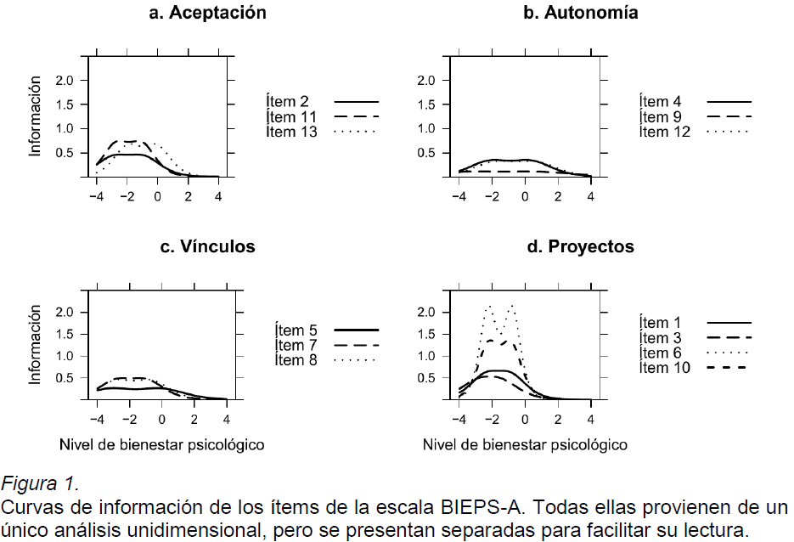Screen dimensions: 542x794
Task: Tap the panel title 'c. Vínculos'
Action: point(207,247)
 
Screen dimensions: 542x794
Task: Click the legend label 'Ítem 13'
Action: point(290,132)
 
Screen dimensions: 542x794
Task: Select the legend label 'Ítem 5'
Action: point(296,330)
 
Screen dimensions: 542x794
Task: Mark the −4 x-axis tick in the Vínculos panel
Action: point(98,420)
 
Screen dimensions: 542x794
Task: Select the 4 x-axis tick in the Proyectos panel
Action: point(591,420)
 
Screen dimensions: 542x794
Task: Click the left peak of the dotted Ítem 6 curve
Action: point(488,306)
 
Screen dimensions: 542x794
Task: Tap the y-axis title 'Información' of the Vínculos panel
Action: point(36,347)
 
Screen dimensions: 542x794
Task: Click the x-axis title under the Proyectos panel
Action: point(525,444)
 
